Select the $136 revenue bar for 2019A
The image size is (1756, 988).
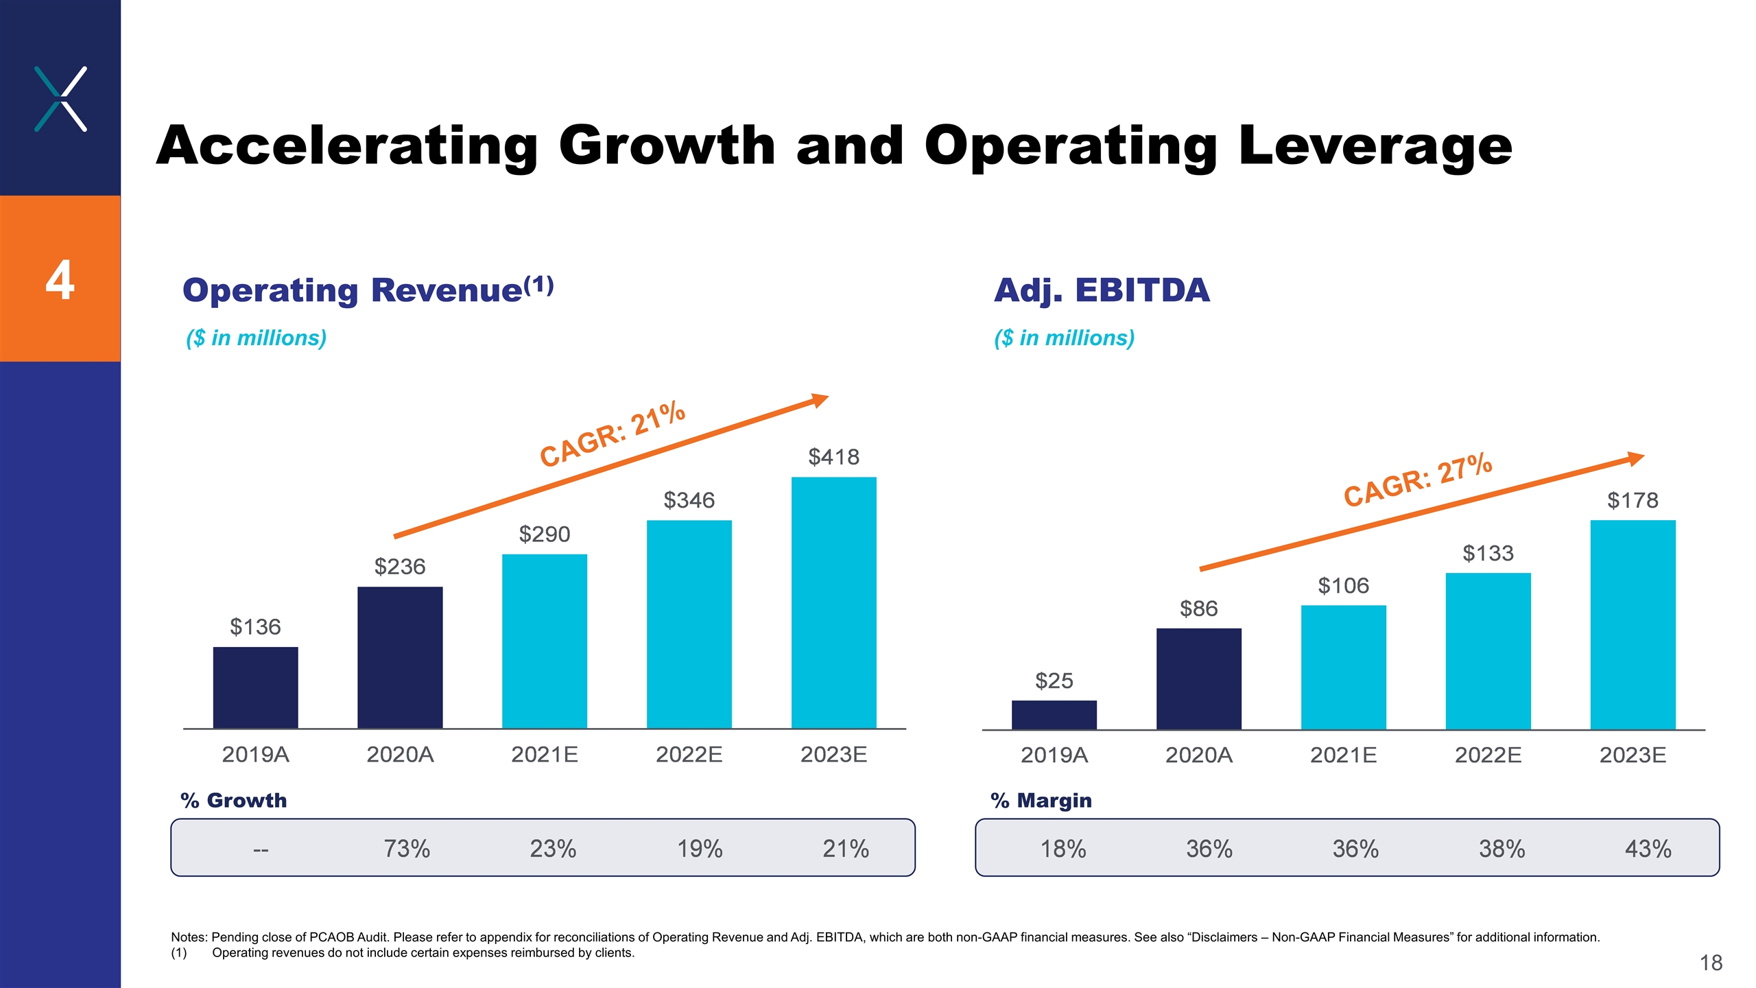pyautogui.click(x=255, y=687)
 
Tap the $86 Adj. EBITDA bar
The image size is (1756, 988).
pyautogui.click(x=1198, y=679)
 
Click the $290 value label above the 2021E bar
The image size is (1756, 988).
pyautogui.click(x=544, y=534)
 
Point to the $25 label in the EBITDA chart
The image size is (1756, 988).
pyautogui.click(x=1054, y=681)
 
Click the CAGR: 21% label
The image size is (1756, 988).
pyautogui.click(x=612, y=434)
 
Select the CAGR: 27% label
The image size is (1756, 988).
pyautogui.click(x=1417, y=480)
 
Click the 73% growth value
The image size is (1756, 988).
pyautogui.click(x=407, y=849)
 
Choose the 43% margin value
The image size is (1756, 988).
pyautogui.click(x=1648, y=849)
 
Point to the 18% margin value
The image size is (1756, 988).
pyautogui.click(x=1063, y=849)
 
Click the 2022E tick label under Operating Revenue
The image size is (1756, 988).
pyautogui.click(x=689, y=755)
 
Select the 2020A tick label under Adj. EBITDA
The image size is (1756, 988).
pyautogui.click(x=1198, y=755)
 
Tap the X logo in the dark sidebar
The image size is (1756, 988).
pyautogui.click(x=60, y=99)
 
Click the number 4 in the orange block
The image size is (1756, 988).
pyautogui.click(x=60, y=280)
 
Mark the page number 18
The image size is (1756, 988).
pyautogui.click(x=1711, y=963)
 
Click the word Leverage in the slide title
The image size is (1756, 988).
pyautogui.click(x=1375, y=146)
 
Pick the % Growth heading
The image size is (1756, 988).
pyautogui.click(x=233, y=801)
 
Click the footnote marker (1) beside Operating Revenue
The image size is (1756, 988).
pyautogui.click(x=538, y=285)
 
